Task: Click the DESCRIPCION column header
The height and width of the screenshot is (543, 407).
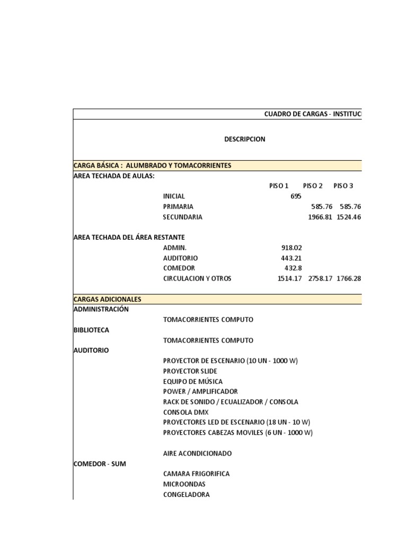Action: point(244,139)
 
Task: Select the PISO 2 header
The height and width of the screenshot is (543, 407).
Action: point(313,186)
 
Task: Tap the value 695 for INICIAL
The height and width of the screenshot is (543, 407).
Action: point(296,196)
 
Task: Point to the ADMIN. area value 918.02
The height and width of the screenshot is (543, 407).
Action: point(291,248)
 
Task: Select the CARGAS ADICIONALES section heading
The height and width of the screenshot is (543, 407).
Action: point(107,299)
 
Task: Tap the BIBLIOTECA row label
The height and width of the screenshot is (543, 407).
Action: point(91,330)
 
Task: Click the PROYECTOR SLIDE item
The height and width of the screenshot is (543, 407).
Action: point(190,371)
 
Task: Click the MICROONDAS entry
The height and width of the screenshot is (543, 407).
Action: point(184,484)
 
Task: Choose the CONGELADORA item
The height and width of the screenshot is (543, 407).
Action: point(187,495)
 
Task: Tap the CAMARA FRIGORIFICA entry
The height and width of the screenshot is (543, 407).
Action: point(197,474)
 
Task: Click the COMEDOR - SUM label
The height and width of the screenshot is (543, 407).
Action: point(100,464)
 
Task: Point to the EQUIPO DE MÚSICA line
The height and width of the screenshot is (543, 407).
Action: point(193,382)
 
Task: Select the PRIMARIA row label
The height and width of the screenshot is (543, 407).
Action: point(178,207)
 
